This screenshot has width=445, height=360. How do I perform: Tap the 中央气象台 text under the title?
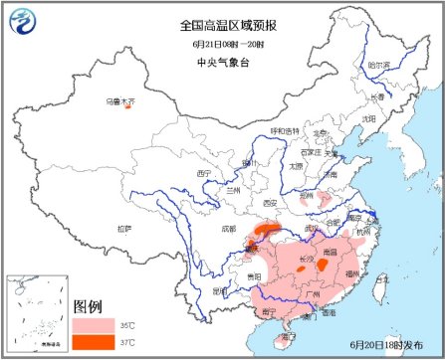pyautogui.click(x=222, y=62)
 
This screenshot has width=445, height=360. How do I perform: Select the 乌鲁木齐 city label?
pyautogui.click(x=118, y=100)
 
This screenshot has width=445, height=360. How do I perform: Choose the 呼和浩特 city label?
pyautogui.click(x=285, y=130)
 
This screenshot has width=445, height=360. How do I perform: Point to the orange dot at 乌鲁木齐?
pyautogui.click(x=127, y=107)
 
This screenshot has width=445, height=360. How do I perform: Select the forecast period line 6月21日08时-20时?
pyautogui.click(x=222, y=44)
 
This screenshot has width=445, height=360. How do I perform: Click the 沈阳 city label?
pyautogui.click(x=369, y=118)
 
